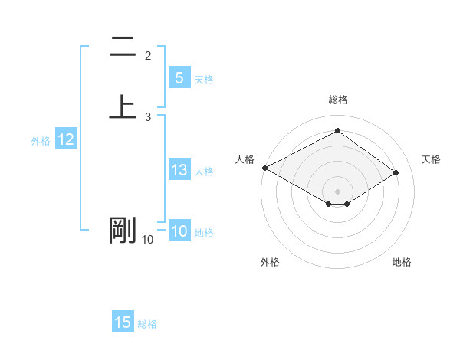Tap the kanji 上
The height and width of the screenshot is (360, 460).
[x=123, y=106]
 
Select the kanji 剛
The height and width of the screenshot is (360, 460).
[x=123, y=230]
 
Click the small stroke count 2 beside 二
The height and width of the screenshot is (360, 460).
[x=148, y=55]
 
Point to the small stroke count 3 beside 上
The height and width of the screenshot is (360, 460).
[x=148, y=117]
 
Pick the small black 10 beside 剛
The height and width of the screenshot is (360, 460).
[x=147, y=240]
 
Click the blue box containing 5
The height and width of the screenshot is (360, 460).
[x=179, y=77]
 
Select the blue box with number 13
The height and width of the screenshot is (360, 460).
[x=179, y=170]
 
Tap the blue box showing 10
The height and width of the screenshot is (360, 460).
[x=179, y=231]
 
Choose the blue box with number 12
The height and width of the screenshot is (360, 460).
[x=66, y=139]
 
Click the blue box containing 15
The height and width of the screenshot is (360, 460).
[x=123, y=322]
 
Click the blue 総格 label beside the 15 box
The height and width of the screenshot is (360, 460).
[x=147, y=324]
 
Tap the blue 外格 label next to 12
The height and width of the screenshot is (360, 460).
[x=41, y=141]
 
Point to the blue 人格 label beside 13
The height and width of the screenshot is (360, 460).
[x=204, y=172]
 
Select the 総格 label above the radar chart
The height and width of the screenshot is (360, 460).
[x=338, y=100]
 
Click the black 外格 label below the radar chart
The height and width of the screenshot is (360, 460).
[x=270, y=262]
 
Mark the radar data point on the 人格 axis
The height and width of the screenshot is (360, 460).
[x=264, y=168]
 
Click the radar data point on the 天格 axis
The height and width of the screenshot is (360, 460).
[x=396, y=172]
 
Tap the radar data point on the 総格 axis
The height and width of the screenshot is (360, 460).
[x=337, y=131]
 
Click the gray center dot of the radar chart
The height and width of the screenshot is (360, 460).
[x=337, y=191]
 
